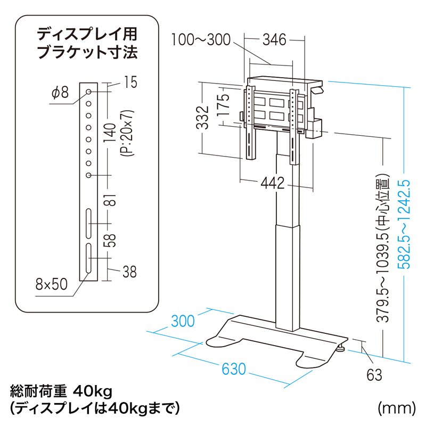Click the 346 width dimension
(274, 39)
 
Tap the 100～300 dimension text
(201, 39)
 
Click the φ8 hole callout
(61, 93)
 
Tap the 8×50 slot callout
(52, 284)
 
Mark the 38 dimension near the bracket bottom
(129, 272)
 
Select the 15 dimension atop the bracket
(129, 82)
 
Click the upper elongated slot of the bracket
(88, 224)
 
